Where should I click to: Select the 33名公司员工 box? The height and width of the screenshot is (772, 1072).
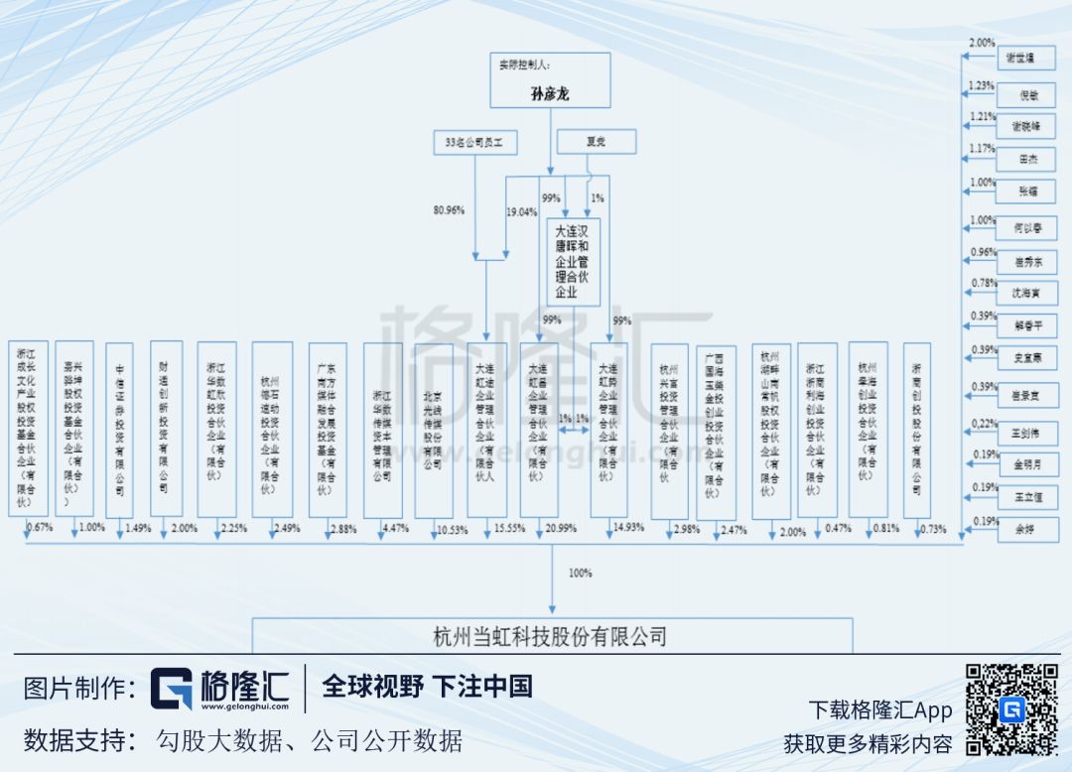474,142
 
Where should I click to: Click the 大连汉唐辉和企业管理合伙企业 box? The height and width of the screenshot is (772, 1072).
574,263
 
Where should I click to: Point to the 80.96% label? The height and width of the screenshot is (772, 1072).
449,210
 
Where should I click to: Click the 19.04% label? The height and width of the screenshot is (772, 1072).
521,210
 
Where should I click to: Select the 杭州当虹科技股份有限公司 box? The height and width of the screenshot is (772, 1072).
552,636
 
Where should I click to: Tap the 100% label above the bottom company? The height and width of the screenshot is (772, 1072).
580,574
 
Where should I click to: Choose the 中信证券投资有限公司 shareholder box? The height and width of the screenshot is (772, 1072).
119,430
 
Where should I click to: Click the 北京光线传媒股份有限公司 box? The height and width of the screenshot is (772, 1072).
434,430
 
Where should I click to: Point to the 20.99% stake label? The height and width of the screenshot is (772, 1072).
560,529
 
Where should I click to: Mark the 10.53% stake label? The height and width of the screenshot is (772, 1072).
452,530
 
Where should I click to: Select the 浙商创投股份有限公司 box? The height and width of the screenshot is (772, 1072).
916,430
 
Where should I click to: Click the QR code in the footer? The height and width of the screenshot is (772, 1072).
1011,708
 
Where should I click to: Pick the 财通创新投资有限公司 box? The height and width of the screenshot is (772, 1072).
166,430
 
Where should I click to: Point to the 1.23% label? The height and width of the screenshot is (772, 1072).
981,86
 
